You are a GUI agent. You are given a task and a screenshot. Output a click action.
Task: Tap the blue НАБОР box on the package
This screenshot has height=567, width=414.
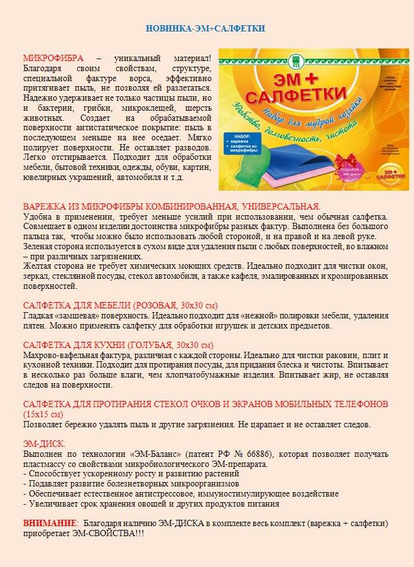244,142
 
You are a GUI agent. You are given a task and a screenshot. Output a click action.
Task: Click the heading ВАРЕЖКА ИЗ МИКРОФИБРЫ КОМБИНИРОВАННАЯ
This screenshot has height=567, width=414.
171,206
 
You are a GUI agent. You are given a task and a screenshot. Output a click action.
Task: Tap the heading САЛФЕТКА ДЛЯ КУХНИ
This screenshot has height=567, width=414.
117,345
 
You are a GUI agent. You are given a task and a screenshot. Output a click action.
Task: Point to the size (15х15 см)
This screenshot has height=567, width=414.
43,414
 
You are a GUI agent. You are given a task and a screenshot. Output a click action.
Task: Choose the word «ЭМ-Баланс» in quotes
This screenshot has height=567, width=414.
148,454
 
